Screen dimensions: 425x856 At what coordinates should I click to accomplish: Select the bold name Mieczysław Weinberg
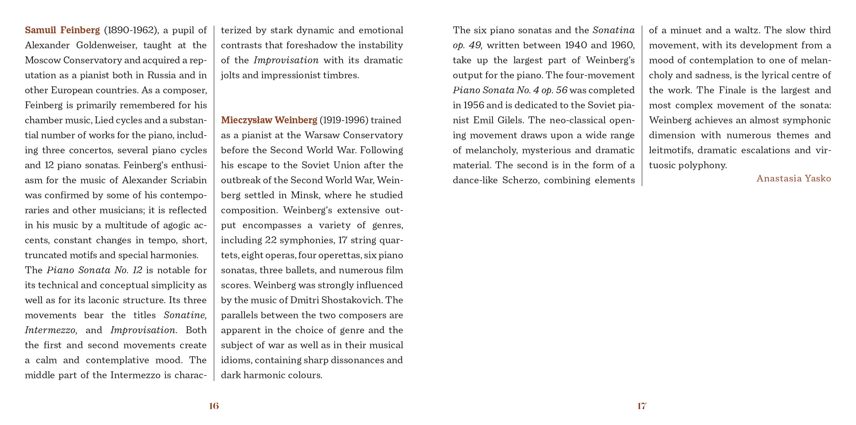[x=269, y=120]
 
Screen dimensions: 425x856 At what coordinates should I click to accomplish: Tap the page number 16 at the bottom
[x=214, y=406]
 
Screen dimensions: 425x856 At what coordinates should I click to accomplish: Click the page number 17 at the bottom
[x=641, y=406]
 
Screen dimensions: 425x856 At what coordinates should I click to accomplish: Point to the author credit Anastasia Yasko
[x=793, y=179]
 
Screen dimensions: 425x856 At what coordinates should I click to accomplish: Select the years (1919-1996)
[x=344, y=120]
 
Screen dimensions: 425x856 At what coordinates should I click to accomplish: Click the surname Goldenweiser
[x=106, y=45]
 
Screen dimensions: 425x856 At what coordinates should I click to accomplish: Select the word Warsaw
[x=322, y=136]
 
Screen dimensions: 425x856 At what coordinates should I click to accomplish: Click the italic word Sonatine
[x=185, y=315]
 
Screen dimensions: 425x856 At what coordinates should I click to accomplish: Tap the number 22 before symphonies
[x=270, y=240]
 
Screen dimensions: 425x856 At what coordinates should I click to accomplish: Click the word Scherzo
[x=520, y=180]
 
